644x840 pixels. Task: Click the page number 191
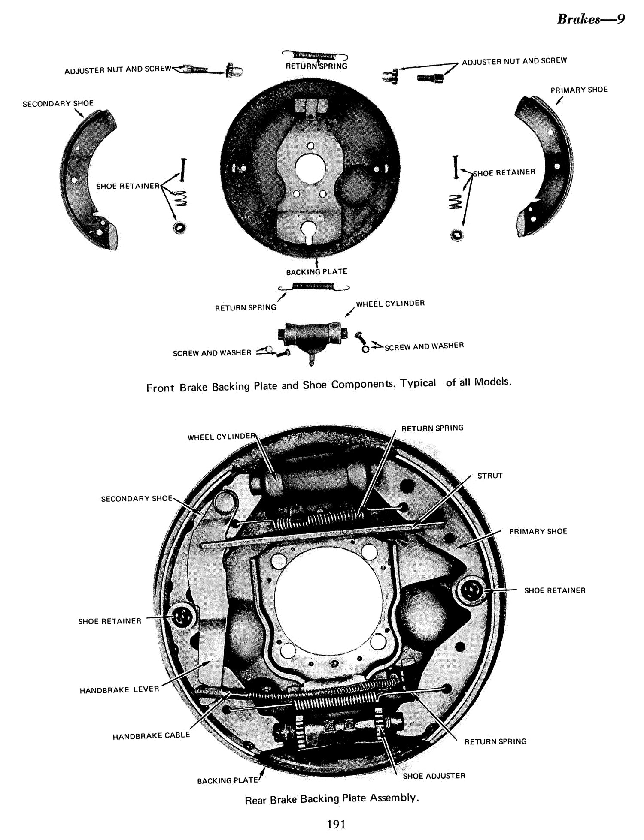click(336, 824)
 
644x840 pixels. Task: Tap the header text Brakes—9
click(591, 19)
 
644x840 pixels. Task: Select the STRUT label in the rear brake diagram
click(490, 476)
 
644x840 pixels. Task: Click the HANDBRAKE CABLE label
click(151, 736)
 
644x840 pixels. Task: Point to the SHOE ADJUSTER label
click(434, 775)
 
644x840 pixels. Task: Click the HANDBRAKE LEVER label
click(119, 690)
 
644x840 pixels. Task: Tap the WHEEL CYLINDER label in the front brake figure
click(390, 303)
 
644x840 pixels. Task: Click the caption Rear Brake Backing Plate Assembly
click(331, 799)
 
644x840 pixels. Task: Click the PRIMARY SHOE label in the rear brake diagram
click(538, 531)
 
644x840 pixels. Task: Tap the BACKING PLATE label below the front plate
click(316, 271)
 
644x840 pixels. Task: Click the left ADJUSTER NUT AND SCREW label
click(118, 70)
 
